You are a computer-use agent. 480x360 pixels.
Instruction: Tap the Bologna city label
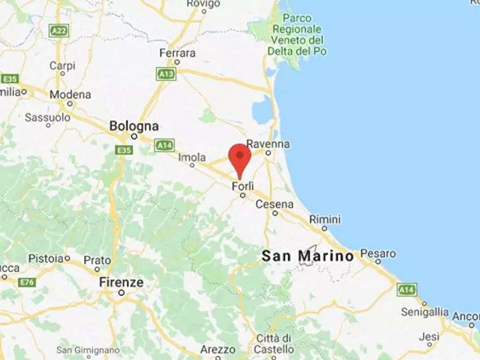click(134, 126)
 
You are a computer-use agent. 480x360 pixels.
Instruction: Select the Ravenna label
click(268, 144)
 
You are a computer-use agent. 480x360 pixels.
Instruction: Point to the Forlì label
click(242, 186)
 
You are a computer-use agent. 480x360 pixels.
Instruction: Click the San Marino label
click(307, 256)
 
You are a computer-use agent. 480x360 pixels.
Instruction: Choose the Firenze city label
click(121, 282)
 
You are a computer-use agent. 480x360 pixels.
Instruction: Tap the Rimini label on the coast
click(325, 219)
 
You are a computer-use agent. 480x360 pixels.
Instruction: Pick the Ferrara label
click(177, 53)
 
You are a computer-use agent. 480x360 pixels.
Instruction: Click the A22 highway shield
click(60, 31)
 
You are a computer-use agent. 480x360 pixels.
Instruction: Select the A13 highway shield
click(166, 74)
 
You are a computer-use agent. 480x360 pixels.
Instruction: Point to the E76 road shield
click(26, 282)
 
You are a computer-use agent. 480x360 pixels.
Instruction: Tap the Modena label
click(70, 95)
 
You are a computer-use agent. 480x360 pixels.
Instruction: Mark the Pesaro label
click(378, 253)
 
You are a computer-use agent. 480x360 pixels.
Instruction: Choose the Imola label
click(192, 157)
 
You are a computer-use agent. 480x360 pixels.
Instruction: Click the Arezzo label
click(218, 350)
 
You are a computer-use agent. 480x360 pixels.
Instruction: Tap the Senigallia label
click(425, 312)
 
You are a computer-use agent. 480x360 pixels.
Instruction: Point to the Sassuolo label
click(48, 117)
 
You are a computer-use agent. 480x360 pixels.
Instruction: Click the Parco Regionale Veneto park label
click(297, 34)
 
